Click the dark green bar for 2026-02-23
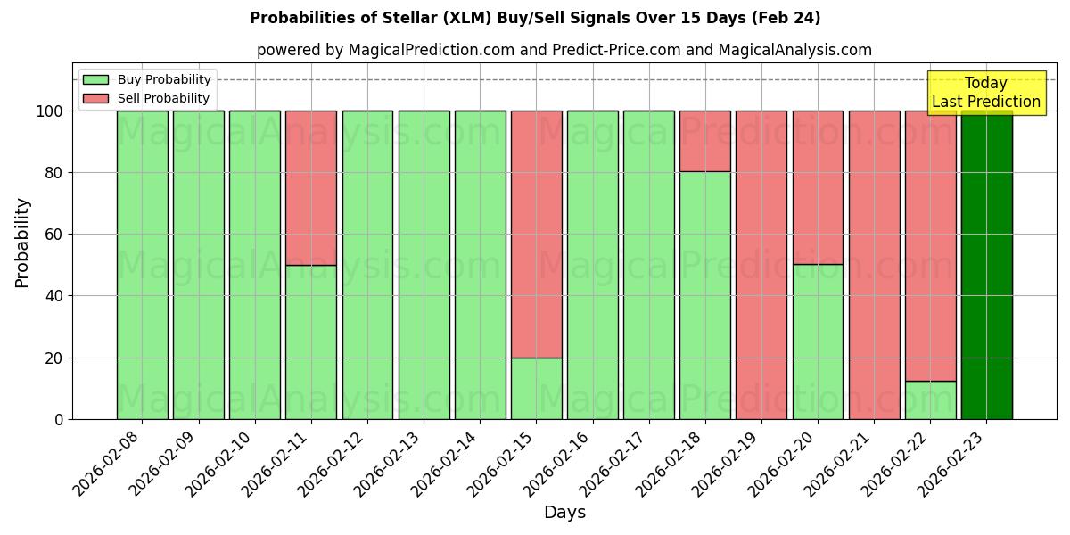tap(986, 265)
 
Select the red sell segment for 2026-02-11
tap(311, 187)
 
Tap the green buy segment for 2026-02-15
tap(537, 388)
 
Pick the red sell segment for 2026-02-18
tap(705, 141)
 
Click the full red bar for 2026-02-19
tap(761, 265)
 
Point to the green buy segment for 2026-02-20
tap(818, 342)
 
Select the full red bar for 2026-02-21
tap(874, 265)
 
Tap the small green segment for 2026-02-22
tap(930, 399)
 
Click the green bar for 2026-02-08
tap(142, 265)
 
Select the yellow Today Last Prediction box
tap(986, 93)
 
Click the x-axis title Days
tap(564, 513)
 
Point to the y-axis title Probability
tap(22, 242)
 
